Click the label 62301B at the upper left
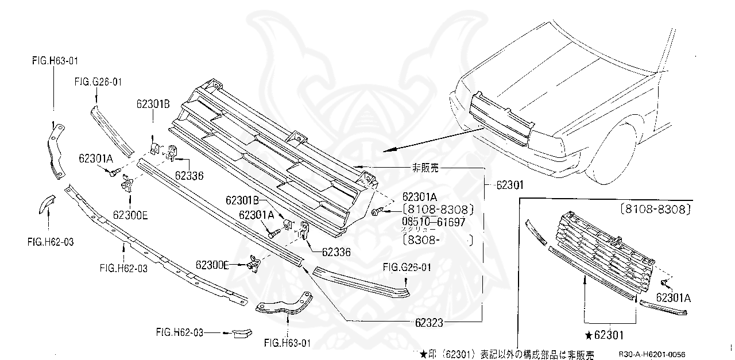(x=153, y=104)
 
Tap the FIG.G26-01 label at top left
(x=98, y=82)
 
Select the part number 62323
(x=426, y=323)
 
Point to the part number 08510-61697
(x=433, y=221)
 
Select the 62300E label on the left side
(x=130, y=215)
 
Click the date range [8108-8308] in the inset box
(x=655, y=210)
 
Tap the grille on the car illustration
(x=501, y=121)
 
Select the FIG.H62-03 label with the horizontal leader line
(x=179, y=332)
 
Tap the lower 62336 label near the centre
(x=336, y=251)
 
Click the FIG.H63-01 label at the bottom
(x=287, y=343)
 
